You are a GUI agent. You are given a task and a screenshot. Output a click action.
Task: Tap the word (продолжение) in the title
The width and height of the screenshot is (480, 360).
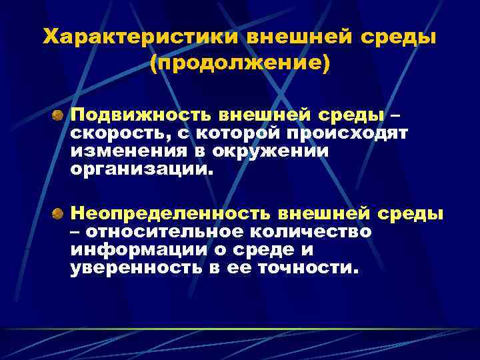pos(240,64)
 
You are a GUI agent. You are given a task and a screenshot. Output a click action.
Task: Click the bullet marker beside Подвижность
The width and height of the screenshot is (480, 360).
pos(59,115)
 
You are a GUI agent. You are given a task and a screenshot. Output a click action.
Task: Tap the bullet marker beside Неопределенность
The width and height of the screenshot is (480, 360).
pos(59,214)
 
